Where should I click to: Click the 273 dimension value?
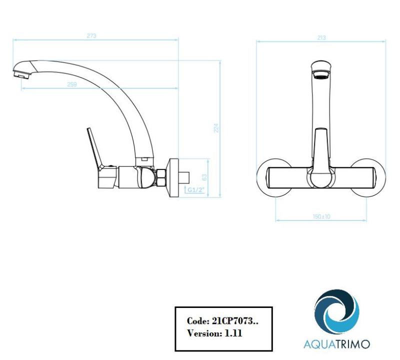(91, 35)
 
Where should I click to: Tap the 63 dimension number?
(204, 177)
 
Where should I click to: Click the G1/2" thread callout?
(195, 189)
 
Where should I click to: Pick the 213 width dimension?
(321, 37)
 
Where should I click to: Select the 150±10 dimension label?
(321, 216)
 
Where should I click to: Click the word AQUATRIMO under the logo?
(336, 344)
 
